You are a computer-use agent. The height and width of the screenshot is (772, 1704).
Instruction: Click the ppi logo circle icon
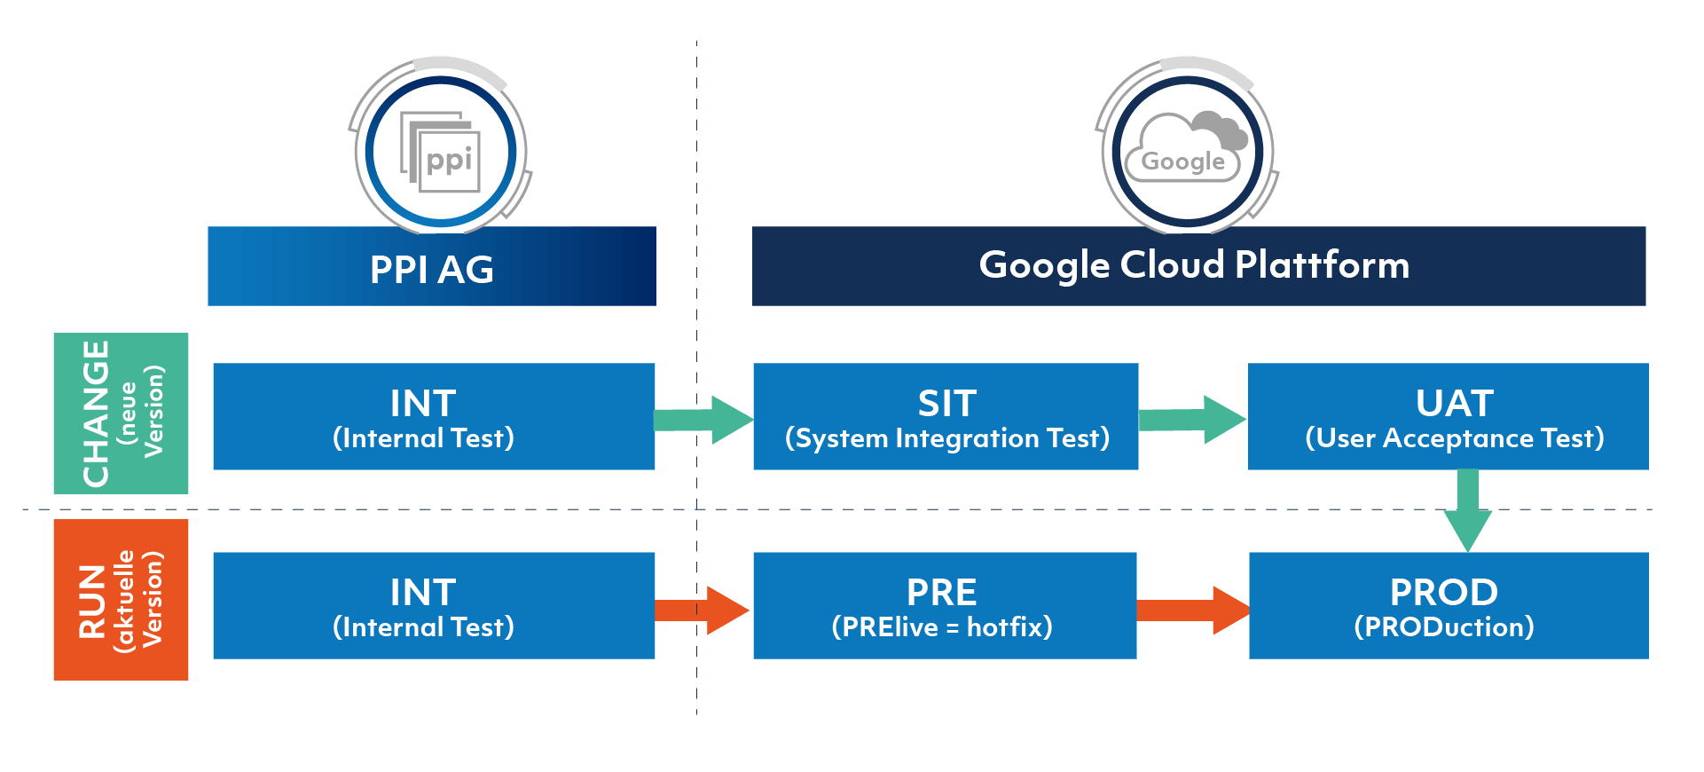pos(441,150)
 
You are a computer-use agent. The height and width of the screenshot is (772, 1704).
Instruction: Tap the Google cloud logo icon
pos(1188,150)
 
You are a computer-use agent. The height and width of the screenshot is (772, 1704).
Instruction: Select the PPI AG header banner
pos(432,267)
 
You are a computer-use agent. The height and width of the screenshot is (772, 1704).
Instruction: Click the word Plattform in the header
pos(1322,265)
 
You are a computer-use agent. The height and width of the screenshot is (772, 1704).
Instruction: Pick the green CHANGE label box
pos(121,414)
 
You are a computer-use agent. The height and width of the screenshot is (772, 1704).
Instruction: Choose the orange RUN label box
pos(121,600)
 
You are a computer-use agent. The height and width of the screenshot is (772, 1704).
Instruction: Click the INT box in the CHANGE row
pos(434,416)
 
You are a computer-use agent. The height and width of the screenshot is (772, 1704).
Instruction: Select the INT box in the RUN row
pos(434,605)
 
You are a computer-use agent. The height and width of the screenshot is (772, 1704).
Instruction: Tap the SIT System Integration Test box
pos(946,416)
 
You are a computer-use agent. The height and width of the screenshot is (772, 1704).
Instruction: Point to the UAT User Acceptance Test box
pos(1448,416)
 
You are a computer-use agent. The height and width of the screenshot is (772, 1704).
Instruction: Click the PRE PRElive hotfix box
pos(945,605)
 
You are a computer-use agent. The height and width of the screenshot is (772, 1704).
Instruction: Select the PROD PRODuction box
pos(1448,605)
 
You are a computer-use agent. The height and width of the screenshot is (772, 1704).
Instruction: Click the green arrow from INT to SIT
pos(704,420)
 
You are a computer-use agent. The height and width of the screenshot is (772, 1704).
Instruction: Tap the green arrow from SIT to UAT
pos(1193,420)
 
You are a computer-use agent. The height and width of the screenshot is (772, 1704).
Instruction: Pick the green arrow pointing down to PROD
pos(1468,512)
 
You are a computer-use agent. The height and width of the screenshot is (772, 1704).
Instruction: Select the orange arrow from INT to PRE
pos(703,611)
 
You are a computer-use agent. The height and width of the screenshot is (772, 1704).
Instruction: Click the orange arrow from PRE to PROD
pos(1193,611)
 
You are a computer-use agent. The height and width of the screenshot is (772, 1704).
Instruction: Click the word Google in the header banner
pos(1044,265)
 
